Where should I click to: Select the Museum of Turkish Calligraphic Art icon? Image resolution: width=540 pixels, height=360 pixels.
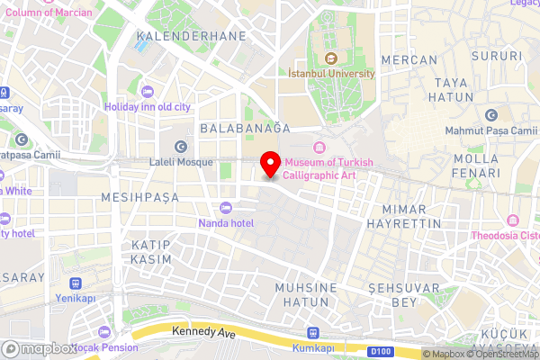(318, 148)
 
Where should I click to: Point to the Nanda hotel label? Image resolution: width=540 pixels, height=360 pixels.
(226, 223)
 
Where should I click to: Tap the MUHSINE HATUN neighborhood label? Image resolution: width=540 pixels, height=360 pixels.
(306, 294)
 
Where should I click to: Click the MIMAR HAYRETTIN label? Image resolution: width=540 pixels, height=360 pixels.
(405, 215)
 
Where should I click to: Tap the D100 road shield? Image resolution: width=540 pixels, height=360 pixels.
(382, 350)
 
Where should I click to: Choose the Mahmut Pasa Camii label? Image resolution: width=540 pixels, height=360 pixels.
(490, 130)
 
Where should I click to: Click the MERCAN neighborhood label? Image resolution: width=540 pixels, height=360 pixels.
(409, 59)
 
